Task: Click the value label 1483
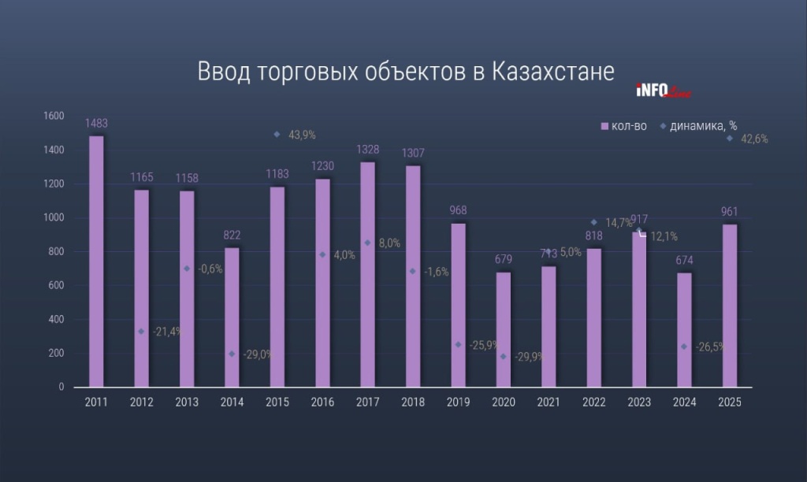(96, 124)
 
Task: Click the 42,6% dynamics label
(753, 139)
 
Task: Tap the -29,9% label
(527, 358)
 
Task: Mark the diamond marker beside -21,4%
(141, 332)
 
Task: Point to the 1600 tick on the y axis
(53, 116)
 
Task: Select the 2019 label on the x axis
(458, 402)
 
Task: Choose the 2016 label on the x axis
(322, 402)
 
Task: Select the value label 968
(458, 212)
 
